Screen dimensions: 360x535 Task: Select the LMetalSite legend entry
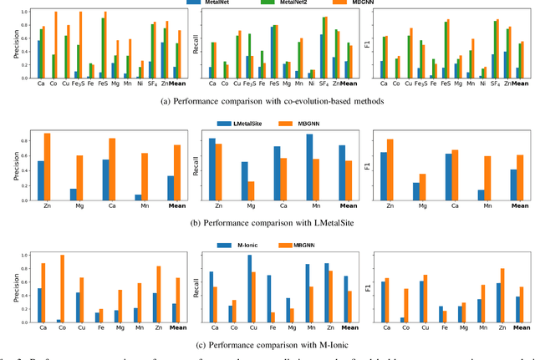coord(242,123)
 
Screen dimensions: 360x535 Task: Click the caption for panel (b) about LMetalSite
coord(267,223)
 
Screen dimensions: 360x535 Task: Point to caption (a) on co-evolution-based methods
coord(267,101)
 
